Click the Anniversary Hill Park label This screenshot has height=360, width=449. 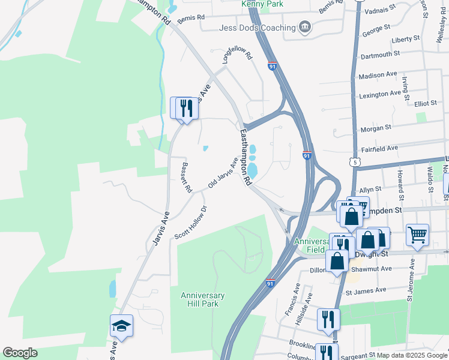point(203,299)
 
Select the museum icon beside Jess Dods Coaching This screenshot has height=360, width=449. point(306,28)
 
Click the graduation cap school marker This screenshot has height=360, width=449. point(121,326)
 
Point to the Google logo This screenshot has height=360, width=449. point(20,353)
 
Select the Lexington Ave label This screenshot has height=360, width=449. point(379,94)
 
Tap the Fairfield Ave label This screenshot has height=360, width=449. point(379,148)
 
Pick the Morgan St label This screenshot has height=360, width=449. point(375,127)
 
